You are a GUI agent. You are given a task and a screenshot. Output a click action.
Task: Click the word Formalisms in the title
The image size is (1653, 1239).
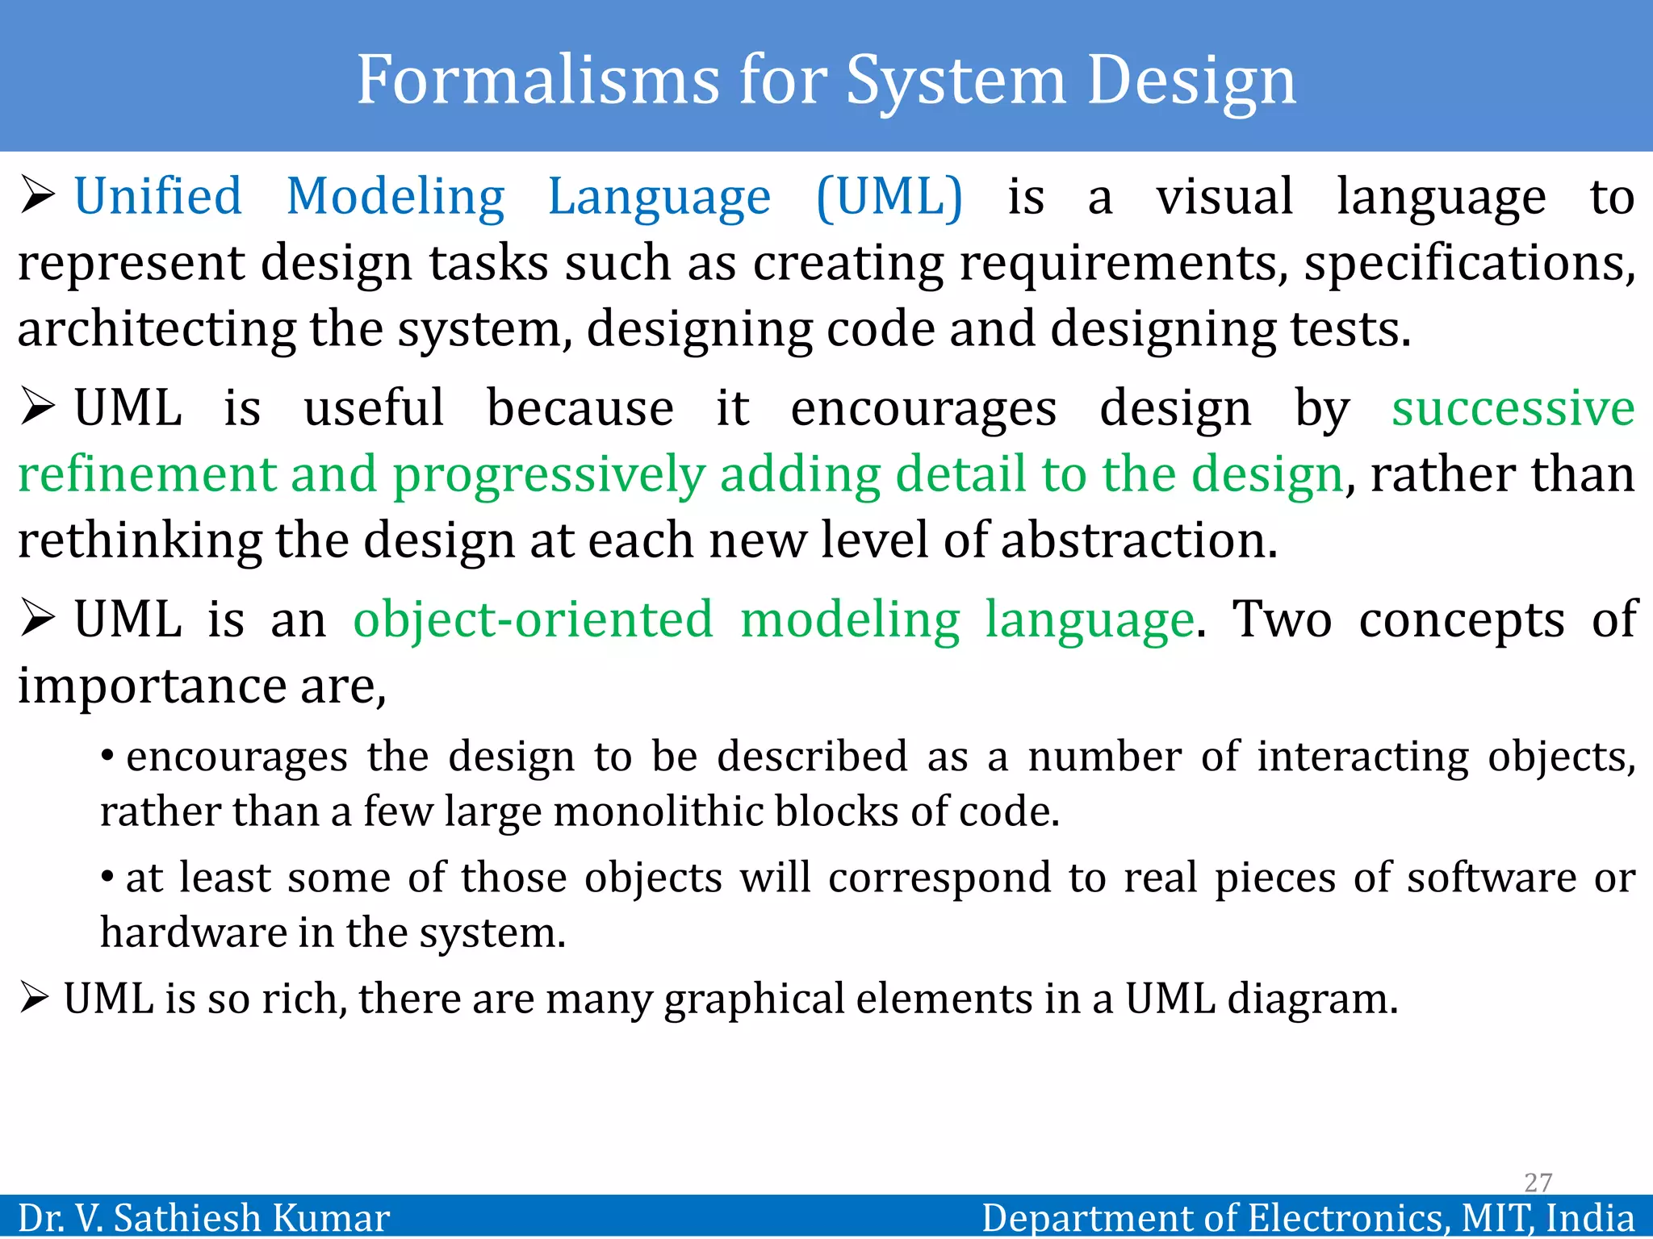[538, 80]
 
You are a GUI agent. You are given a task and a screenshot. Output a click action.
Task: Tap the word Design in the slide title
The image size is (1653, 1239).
[1191, 81]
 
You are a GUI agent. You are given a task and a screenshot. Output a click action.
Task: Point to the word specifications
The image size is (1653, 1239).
[1470, 263]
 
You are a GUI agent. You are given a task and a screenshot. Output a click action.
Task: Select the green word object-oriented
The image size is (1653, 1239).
[534, 619]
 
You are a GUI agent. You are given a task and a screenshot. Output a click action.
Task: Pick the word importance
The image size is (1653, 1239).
[152, 686]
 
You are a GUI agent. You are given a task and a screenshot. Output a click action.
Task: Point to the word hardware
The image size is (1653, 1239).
[193, 932]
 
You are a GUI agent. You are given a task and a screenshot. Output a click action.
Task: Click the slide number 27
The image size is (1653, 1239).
[1538, 1183]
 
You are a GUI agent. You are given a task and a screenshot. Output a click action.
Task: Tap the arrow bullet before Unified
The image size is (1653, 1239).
[37, 196]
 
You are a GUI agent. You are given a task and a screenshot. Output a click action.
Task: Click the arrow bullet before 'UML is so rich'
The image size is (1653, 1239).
[35, 999]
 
